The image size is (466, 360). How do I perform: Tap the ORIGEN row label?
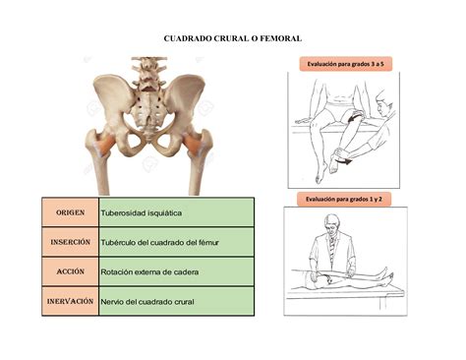[x=69, y=211]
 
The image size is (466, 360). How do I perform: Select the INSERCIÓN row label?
[x=69, y=241]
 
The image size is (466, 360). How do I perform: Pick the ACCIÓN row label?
[x=69, y=270]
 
